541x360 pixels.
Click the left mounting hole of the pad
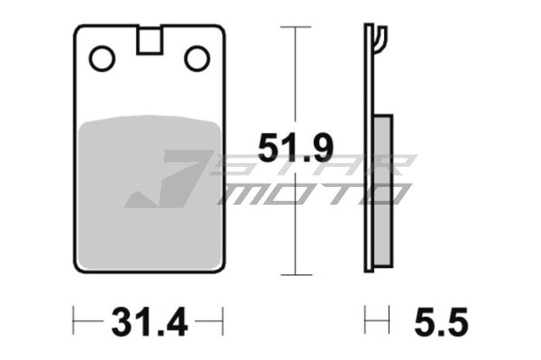[102, 58]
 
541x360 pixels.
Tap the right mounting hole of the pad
[197, 58]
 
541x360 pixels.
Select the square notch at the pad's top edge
[150, 40]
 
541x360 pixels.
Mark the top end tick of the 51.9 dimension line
[295, 27]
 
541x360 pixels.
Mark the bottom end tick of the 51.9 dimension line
[295, 274]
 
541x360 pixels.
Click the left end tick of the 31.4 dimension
[73, 318]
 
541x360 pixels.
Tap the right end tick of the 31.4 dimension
[223, 318]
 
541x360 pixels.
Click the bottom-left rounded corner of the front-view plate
[80, 267]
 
